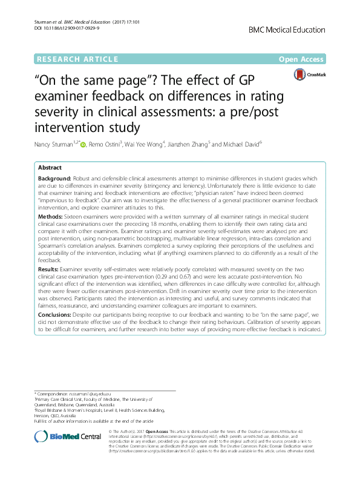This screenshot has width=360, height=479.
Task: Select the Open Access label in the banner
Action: pyautogui.click(x=303, y=59)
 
